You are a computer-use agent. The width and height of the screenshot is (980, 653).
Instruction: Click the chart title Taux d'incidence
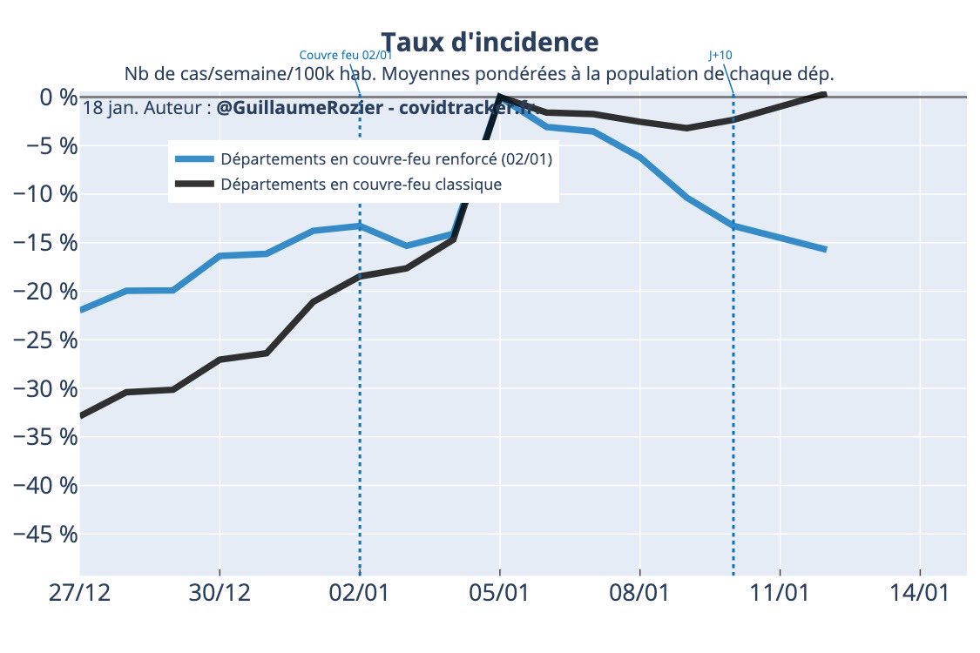point(490,42)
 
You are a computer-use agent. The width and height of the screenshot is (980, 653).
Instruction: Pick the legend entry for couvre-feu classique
point(361,185)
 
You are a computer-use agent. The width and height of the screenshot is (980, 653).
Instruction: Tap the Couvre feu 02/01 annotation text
point(345,55)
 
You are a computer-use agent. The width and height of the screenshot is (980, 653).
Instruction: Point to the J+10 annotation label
point(720,55)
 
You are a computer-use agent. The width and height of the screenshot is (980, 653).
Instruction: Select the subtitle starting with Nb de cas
point(479,72)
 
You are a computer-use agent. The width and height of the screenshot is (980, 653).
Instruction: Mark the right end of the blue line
point(825,250)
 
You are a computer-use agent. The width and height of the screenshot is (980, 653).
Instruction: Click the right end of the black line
point(825,93)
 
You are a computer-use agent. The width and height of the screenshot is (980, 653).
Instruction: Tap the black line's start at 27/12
point(81,416)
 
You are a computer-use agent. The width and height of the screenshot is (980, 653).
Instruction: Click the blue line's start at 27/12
point(81,310)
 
